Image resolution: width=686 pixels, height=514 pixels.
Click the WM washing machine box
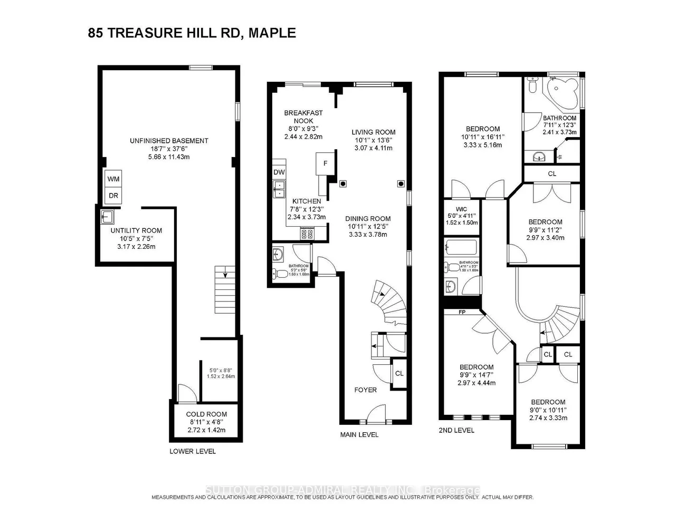(x=113, y=179)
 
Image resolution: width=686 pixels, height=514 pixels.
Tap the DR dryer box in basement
(x=113, y=196)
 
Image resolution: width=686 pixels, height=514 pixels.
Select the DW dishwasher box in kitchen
(x=279, y=172)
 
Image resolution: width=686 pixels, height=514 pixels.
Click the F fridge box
(x=326, y=163)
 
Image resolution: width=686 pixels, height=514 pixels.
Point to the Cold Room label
(x=206, y=414)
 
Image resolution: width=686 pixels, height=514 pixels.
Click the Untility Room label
(x=136, y=230)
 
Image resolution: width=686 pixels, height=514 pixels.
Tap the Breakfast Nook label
(x=303, y=117)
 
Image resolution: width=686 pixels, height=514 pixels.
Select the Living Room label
(x=374, y=132)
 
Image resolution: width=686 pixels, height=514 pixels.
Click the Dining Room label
(x=368, y=219)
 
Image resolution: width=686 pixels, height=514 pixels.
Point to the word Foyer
(x=365, y=390)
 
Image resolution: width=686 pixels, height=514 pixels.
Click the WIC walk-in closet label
(x=461, y=209)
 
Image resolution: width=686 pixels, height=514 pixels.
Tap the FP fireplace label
(x=462, y=312)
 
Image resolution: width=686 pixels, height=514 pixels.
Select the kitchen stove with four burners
(x=307, y=233)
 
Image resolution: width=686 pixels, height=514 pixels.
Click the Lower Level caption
(x=193, y=451)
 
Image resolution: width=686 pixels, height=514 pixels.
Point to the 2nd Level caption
(x=456, y=430)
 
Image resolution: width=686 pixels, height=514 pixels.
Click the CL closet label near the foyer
(x=399, y=373)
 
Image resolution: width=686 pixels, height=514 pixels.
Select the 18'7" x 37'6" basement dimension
(x=169, y=149)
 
